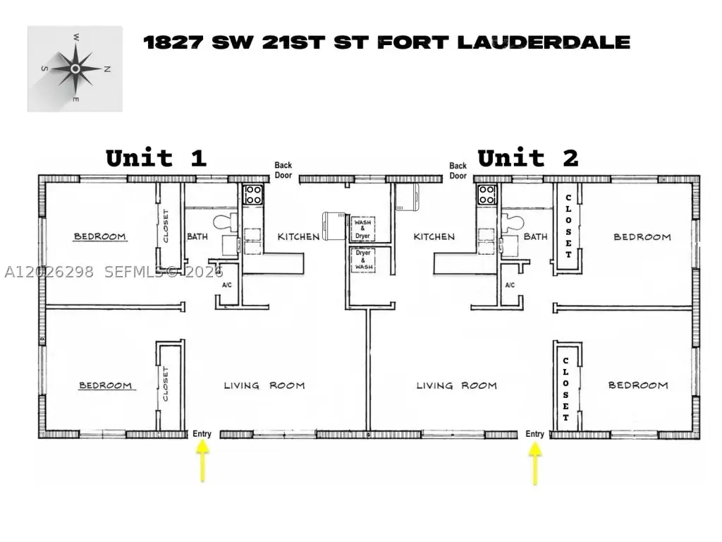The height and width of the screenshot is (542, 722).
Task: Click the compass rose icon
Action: point(75,68)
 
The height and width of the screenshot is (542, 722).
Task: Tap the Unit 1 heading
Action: point(156,159)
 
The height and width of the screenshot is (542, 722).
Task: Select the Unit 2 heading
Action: point(527,159)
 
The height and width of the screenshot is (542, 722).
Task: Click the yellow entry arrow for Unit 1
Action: point(202,461)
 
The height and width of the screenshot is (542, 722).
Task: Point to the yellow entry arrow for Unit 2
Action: point(535,463)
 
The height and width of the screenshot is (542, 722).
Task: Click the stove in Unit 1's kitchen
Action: point(253,195)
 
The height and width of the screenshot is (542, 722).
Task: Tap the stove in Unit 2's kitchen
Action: point(487,195)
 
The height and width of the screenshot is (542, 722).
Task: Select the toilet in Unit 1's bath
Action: point(226,222)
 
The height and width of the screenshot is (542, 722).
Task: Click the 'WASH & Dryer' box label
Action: point(363,229)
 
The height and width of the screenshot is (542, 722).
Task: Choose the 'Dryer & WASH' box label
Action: point(363,260)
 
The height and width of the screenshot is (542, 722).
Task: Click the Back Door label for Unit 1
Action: point(283,170)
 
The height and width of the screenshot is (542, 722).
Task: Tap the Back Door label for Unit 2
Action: point(458,171)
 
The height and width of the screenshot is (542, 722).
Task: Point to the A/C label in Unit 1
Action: point(227,285)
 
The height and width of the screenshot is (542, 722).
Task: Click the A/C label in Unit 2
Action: point(510,285)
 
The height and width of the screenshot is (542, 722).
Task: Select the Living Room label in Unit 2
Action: point(457,385)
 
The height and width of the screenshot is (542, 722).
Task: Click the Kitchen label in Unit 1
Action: point(298,236)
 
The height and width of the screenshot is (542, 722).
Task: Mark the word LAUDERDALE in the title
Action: point(544,42)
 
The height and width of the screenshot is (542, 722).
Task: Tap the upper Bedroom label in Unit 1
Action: point(100,236)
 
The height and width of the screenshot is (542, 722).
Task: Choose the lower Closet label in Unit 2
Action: point(566,389)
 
